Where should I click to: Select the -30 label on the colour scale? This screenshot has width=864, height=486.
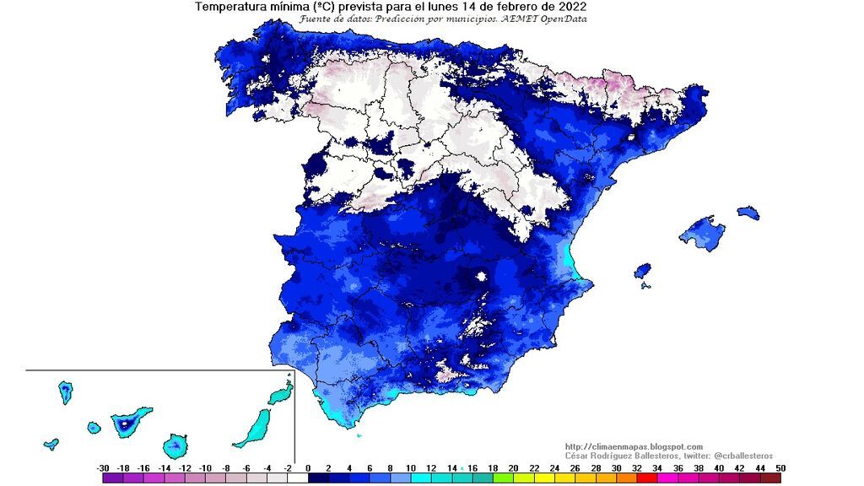pyautogui.click(x=103, y=467)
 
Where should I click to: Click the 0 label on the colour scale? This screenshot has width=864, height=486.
pyautogui.click(x=308, y=467)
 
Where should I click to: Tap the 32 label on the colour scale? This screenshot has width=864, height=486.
pyautogui.click(x=636, y=467)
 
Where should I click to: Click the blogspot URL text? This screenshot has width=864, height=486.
pyautogui.click(x=633, y=446)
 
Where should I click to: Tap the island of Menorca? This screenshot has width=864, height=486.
pyautogui.click(x=748, y=212)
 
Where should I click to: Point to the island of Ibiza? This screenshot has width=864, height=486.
pyautogui.click(x=642, y=271)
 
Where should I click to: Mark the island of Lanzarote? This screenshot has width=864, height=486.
pyautogui.click(x=280, y=394)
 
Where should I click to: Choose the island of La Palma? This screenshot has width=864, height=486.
pyautogui.click(x=65, y=392)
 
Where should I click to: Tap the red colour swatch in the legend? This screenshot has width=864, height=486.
pyautogui.click(x=645, y=478)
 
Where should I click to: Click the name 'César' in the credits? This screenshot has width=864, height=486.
pyautogui.click(x=578, y=456)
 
